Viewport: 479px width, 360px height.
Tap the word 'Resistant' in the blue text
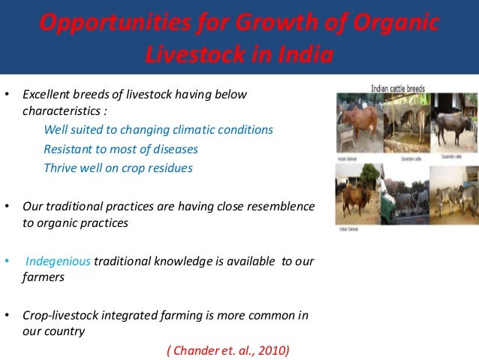coord(68,149)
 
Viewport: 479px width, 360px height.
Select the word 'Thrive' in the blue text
coord(60,168)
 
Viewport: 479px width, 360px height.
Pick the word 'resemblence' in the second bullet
coord(284,206)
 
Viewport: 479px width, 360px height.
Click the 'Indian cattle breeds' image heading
coord(397,88)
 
